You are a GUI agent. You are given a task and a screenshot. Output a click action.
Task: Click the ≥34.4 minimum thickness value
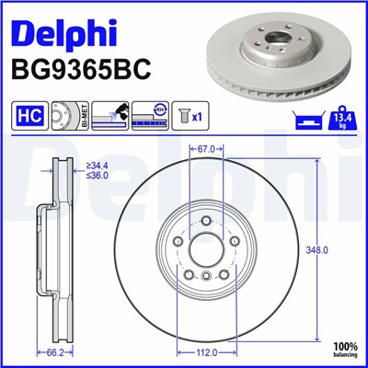97,166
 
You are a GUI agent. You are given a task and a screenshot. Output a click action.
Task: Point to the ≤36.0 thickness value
97,176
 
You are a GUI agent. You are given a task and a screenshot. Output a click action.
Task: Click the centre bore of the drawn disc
205,247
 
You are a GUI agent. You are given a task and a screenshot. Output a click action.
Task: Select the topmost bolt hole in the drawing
205,219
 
